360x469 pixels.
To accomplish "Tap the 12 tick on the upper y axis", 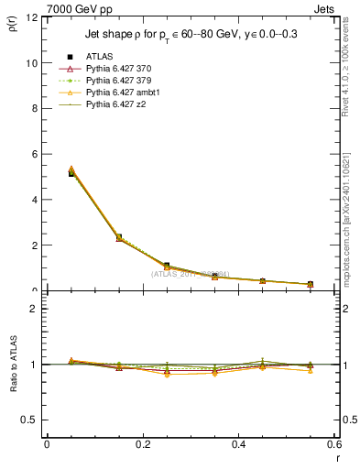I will point(33,18).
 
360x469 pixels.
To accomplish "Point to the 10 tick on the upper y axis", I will point(33,63).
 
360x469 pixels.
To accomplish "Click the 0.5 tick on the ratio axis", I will point(31,420).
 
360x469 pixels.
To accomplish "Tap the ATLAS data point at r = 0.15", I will point(119,237).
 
